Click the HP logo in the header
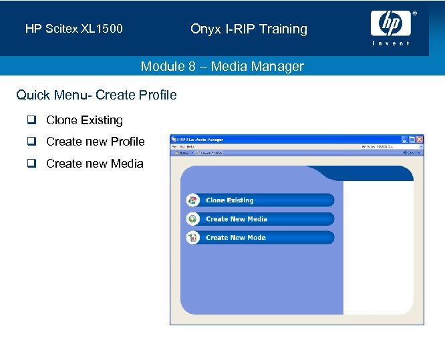pos(391,24)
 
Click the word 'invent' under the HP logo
pos(391,43)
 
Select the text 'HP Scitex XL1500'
pos(73,29)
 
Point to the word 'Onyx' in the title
pos(204,29)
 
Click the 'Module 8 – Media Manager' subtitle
pos(222,66)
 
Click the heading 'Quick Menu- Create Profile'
pos(96,95)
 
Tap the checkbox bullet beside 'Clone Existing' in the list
pos(31,120)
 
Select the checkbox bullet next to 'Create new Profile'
pos(31,142)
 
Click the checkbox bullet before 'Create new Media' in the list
pos(31,163)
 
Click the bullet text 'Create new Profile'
pos(95,142)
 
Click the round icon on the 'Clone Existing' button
pos(193,200)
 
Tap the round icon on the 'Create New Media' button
pos(193,219)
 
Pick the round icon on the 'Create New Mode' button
pos(193,238)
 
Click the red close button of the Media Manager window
pos(419,140)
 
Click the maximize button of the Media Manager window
pos(411,140)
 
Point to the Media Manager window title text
pos(200,140)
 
